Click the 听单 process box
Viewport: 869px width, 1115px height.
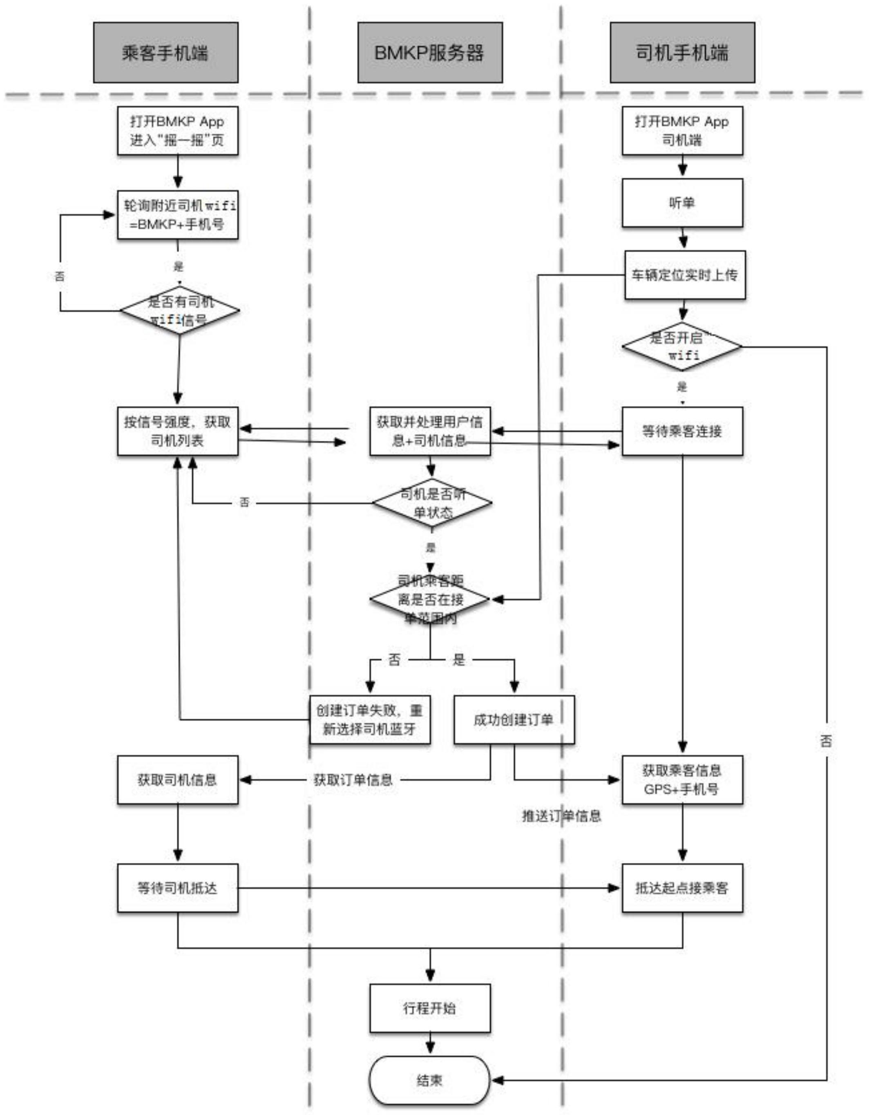[x=682, y=203]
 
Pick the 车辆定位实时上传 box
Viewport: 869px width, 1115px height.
[x=685, y=275]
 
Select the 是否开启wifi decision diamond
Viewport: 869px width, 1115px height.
[x=682, y=346]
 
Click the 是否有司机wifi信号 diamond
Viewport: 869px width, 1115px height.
[x=180, y=311]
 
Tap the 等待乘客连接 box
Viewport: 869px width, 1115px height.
[x=682, y=431]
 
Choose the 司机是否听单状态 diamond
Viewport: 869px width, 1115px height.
[x=432, y=503]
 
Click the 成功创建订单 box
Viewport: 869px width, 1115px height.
[x=514, y=719]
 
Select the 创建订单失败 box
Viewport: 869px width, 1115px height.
[x=370, y=719]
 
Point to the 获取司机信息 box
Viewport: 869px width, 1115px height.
[x=178, y=780]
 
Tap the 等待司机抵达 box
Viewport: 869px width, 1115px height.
[x=178, y=888]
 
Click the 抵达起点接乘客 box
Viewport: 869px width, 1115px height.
[x=682, y=888]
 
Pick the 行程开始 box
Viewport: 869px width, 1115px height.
[x=430, y=1008]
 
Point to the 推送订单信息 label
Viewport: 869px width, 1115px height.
[x=561, y=816]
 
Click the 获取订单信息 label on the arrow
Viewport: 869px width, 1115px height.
[x=353, y=780]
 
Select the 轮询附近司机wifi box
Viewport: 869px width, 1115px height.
[x=178, y=215]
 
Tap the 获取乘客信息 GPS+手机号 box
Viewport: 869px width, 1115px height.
[x=682, y=780]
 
